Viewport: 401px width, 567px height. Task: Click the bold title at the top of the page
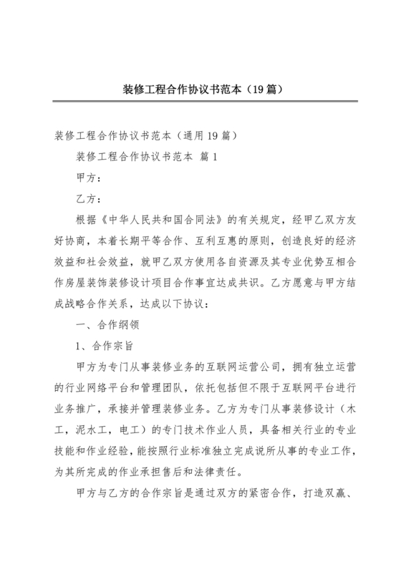[200, 90]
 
